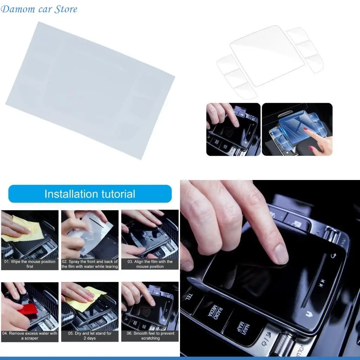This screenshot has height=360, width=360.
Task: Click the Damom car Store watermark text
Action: (39, 9)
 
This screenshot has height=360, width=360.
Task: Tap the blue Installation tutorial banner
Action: (90, 194)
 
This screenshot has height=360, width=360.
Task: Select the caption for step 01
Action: (30, 264)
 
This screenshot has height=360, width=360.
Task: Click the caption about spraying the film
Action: (90, 264)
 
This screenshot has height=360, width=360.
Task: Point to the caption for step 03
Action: (150, 264)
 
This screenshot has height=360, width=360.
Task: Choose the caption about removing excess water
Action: (30, 336)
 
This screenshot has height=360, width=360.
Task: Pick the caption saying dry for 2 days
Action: (90, 336)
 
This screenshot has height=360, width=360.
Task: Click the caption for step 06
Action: (150, 336)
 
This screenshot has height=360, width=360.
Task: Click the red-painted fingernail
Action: (306, 129)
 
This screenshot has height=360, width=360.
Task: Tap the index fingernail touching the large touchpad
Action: (281, 254)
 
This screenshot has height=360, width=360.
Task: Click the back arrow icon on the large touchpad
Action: (333, 256)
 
